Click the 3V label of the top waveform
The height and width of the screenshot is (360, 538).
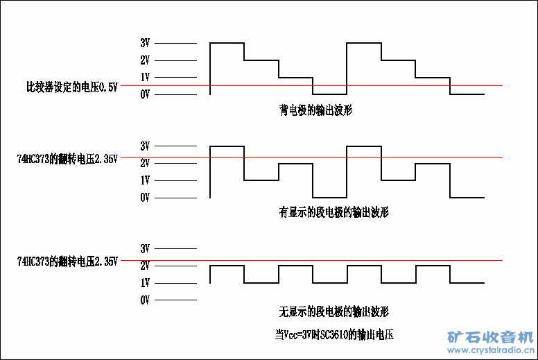click(145, 43)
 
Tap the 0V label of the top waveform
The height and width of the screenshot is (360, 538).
click(145, 94)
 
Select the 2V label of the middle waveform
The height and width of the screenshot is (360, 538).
click(145, 164)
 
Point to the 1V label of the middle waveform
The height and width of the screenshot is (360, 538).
click(145, 180)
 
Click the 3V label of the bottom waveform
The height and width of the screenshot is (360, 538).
click(145, 248)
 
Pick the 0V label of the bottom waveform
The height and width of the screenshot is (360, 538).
click(145, 300)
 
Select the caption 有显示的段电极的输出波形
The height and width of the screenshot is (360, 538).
click(333, 213)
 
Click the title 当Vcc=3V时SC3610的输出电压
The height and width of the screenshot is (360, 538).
click(333, 334)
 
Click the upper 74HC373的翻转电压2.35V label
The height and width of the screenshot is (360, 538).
click(67, 158)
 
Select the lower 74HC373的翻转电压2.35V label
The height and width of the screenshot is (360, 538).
click(67, 262)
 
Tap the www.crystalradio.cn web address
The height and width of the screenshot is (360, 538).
click(489, 350)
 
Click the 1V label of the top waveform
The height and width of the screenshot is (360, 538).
click(145, 77)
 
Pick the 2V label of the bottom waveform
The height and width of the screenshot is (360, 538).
click(145, 266)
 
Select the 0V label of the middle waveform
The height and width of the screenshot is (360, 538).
click(145, 198)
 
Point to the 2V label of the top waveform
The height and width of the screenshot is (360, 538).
click(145, 60)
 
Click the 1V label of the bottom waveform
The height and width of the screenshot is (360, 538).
click(145, 283)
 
